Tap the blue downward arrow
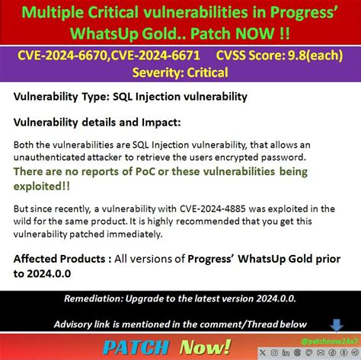pyautogui.click(x=336, y=325)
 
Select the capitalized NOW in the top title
pyautogui.click(x=267, y=35)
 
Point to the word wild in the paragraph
pyautogui.click(x=27, y=221)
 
